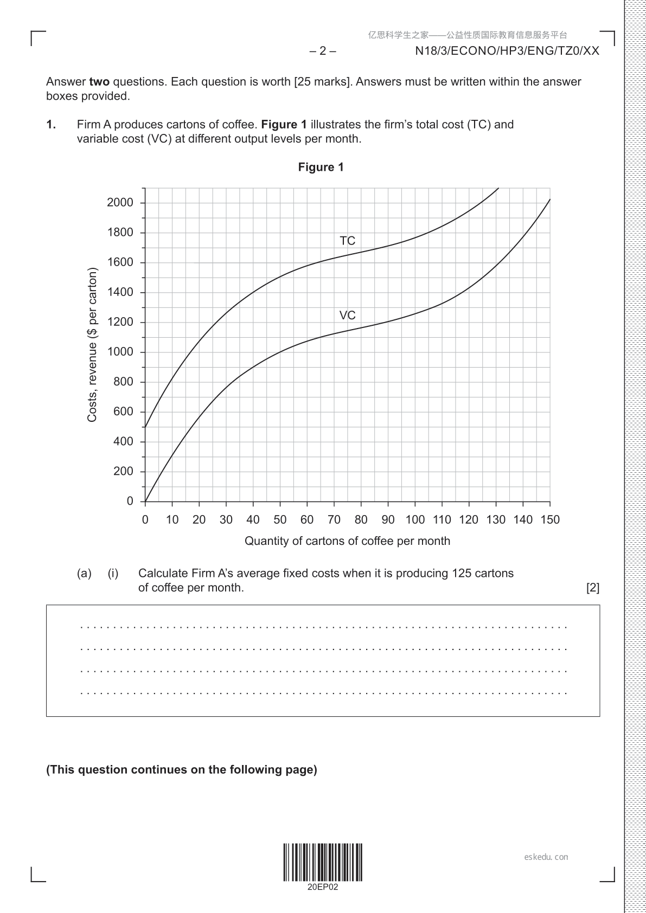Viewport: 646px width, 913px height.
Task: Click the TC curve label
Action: coord(347,240)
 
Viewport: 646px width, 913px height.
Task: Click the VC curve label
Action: coord(347,315)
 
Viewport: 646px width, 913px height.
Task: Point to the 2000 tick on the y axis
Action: coord(120,203)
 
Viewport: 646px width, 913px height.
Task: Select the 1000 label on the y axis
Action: coord(120,352)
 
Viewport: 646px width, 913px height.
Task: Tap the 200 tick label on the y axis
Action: coord(123,471)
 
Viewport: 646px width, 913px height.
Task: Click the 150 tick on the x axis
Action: coord(549,519)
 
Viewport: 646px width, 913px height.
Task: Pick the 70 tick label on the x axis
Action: coord(334,519)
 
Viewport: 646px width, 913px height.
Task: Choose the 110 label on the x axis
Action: coord(442,519)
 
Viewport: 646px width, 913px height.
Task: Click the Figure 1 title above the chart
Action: coord(321,167)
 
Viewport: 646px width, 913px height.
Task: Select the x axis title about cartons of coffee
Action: coord(347,541)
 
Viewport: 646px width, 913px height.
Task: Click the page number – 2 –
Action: coord(323,51)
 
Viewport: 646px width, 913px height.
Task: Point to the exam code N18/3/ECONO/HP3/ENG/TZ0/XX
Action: coord(507,51)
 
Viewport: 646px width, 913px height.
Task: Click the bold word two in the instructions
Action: coord(99,82)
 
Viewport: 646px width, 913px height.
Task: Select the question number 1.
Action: coord(51,125)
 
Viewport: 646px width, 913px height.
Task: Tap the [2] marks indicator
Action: coord(593,588)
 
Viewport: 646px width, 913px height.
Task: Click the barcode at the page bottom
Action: coord(323,862)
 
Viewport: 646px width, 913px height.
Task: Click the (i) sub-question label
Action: coord(113,573)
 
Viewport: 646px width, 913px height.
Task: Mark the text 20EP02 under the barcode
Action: coord(323,888)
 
